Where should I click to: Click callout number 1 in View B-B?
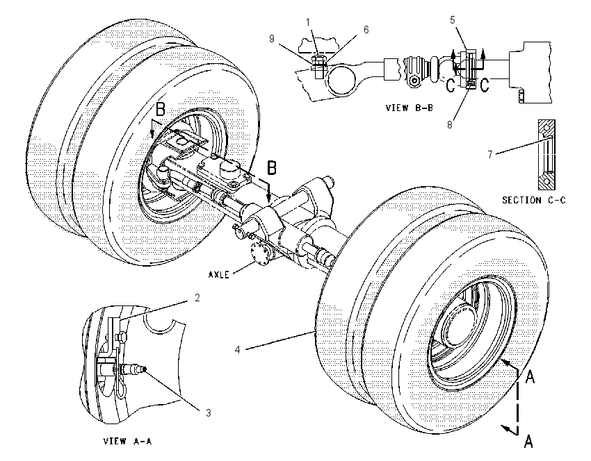click(x=308, y=23)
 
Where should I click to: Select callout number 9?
click(x=272, y=38)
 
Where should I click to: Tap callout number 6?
click(x=366, y=30)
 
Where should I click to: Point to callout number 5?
click(x=453, y=20)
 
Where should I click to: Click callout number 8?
click(x=450, y=124)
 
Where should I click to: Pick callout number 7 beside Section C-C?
click(x=490, y=155)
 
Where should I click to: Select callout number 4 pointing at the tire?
click(x=238, y=350)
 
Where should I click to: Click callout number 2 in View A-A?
click(x=197, y=298)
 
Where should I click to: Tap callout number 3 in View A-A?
click(x=209, y=413)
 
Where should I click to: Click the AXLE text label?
click(x=219, y=275)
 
